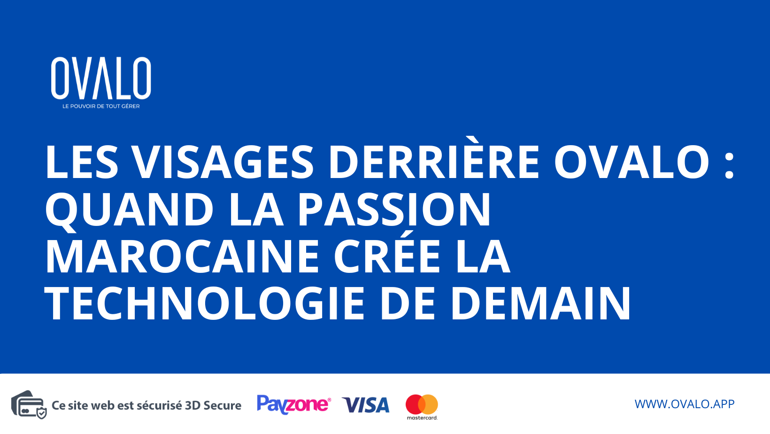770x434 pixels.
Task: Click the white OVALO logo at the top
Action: coord(101,78)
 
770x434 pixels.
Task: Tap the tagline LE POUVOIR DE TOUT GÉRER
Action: coord(101,106)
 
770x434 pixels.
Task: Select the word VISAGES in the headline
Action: coord(223,162)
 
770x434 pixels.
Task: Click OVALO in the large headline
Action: coord(631,162)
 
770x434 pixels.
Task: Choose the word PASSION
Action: coord(394,209)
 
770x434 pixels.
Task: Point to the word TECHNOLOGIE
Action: coord(205,303)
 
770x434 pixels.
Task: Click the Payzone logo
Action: coord(294,404)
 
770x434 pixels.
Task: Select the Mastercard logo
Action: coord(422,406)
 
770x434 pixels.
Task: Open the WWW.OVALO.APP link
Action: coord(684,404)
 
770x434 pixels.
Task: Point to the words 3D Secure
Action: coord(213,405)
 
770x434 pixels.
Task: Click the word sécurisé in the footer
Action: coord(159,405)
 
